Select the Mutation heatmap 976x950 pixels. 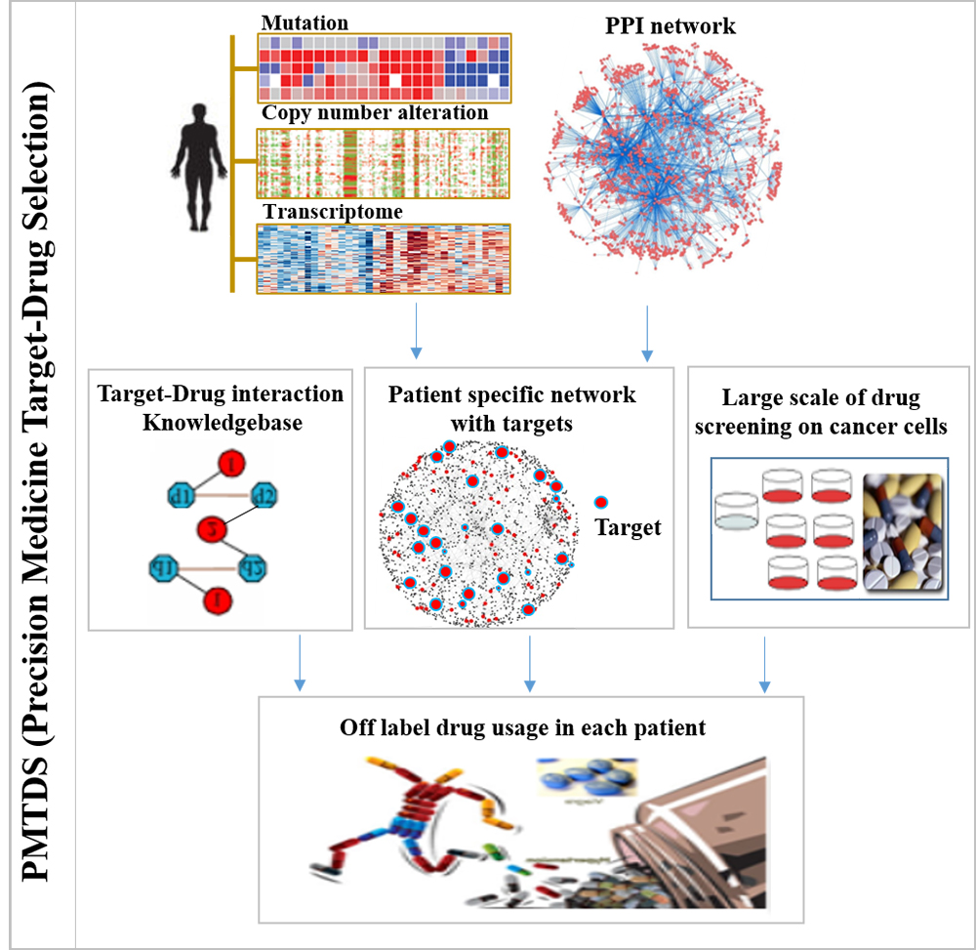(384, 68)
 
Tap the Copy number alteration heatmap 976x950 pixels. (384, 163)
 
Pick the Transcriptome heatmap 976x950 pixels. (384, 258)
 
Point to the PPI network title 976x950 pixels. (670, 24)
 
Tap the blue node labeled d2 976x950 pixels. (264, 494)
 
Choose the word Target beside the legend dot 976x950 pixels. (629, 527)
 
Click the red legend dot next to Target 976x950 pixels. (601, 503)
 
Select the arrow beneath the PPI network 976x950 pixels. (647, 333)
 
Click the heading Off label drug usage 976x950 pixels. (522, 727)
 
